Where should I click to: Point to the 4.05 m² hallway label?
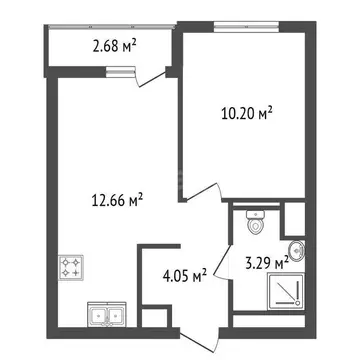tap(185, 272)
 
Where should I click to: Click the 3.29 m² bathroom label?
tap(264, 264)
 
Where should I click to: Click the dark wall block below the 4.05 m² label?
tap(154, 318)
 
